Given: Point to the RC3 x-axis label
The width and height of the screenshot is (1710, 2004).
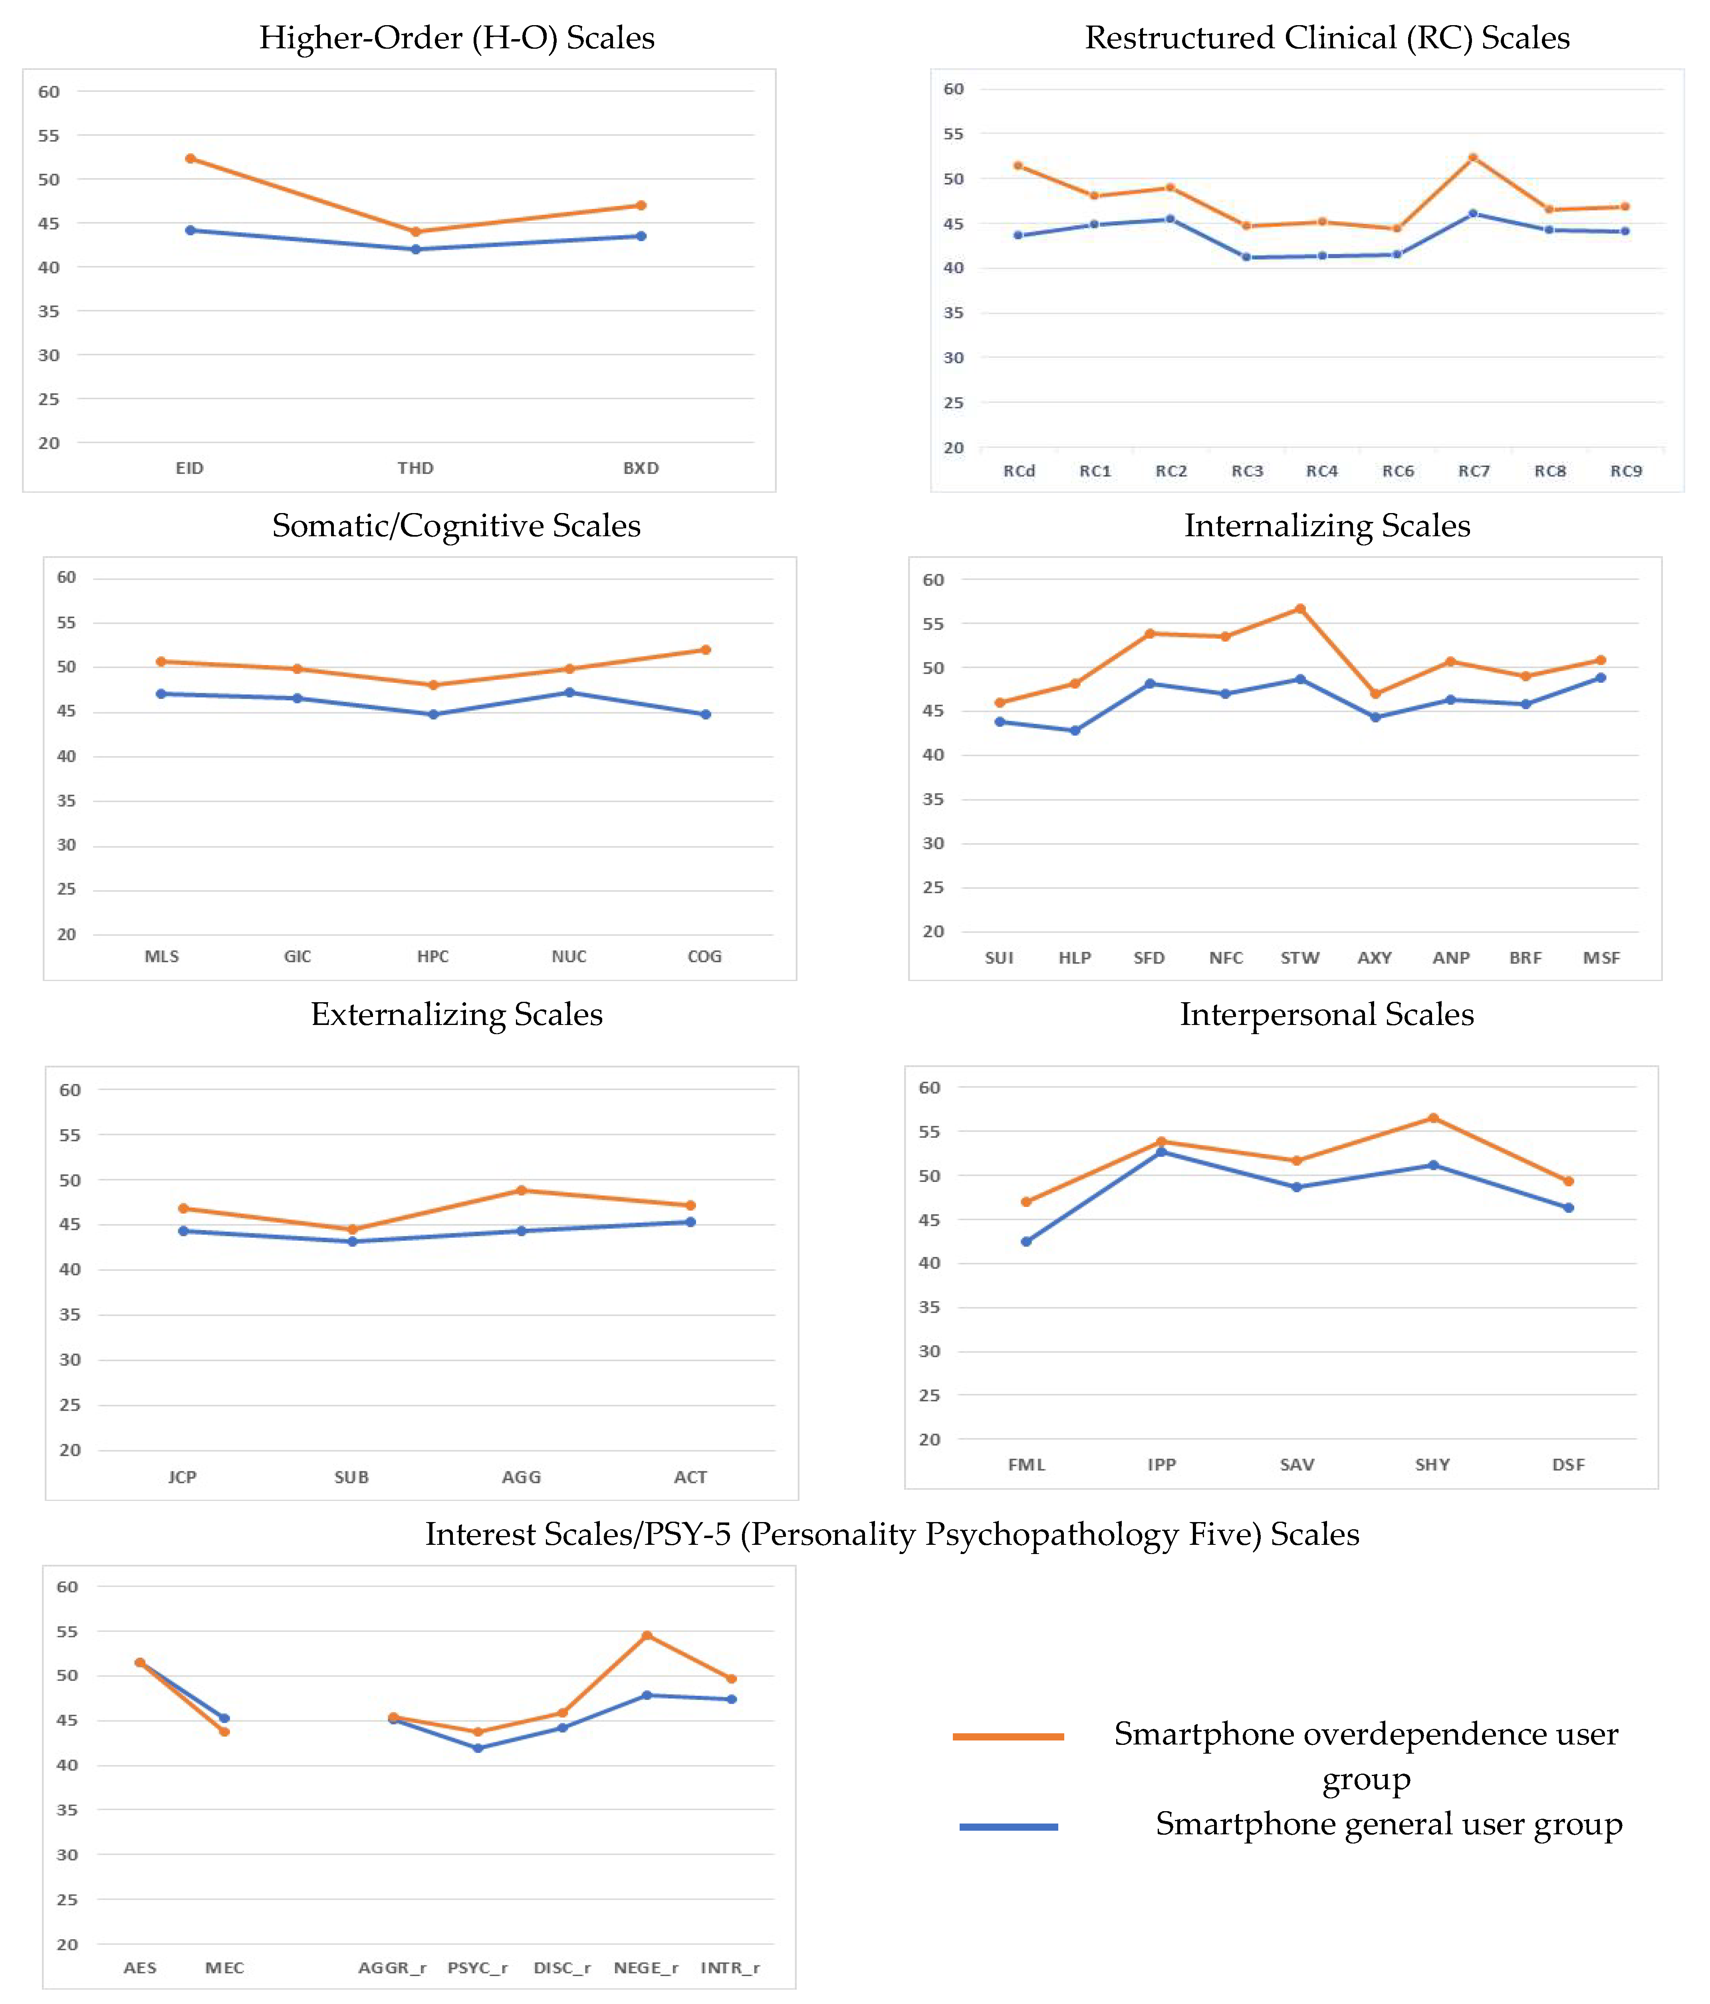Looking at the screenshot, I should point(1247,471).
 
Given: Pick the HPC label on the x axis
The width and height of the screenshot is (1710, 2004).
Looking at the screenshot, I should point(433,957).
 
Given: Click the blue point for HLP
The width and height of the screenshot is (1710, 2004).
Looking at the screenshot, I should point(1075,730).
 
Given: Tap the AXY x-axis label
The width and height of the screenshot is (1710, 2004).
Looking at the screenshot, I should point(1375,957).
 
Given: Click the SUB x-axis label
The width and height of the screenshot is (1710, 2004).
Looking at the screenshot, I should point(352,1477).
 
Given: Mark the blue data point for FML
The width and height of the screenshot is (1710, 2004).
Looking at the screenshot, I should point(1026,1241).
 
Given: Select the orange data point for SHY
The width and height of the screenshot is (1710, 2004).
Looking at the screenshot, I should point(1433,1118).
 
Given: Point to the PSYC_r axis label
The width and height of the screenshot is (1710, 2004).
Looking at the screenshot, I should point(478,1967).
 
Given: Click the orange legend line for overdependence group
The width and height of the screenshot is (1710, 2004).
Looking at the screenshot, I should point(1008,1736).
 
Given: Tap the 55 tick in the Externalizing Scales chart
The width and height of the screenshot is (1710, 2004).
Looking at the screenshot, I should point(69,1134).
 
